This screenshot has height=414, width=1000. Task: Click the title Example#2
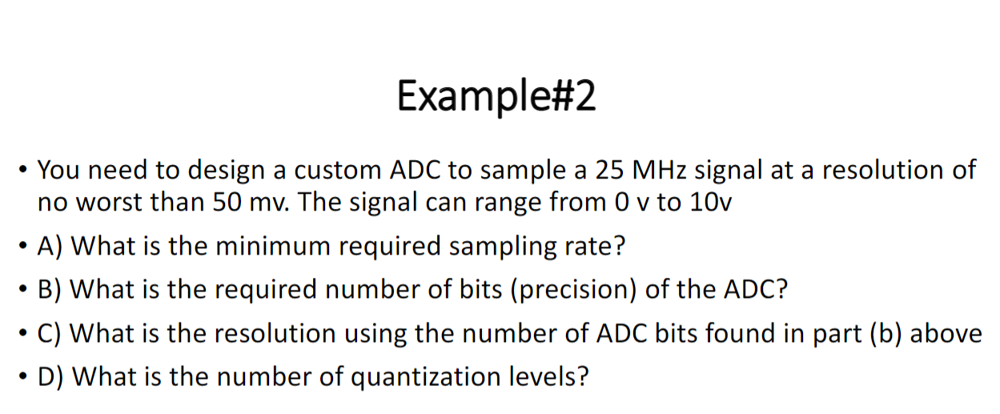click(496, 98)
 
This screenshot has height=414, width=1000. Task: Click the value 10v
click(709, 203)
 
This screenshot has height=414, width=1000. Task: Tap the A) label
click(54, 246)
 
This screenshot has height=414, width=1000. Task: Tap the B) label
click(53, 289)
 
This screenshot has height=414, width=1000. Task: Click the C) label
click(53, 332)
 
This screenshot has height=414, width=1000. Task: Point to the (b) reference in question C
click(887, 332)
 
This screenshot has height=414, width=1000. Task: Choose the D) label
click(54, 376)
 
